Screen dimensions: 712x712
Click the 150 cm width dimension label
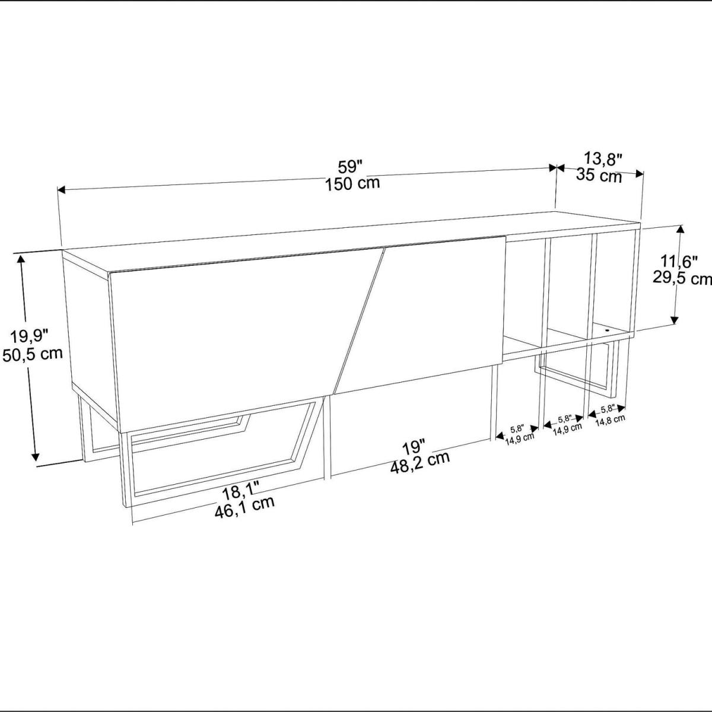click(352, 183)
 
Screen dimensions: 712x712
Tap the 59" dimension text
click(351, 167)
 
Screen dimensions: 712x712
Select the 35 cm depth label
click(599, 175)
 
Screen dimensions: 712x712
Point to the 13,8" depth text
click(603, 159)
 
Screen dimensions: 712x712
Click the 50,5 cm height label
click(33, 354)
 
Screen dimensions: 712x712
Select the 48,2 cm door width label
click(419, 463)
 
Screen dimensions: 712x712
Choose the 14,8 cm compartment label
click(611, 420)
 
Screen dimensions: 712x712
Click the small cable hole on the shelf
click(607, 328)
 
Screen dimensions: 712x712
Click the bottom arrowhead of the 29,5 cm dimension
click(676, 319)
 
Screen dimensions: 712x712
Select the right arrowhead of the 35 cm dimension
click(639, 173)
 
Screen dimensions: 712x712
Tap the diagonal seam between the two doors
click(359, 321)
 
